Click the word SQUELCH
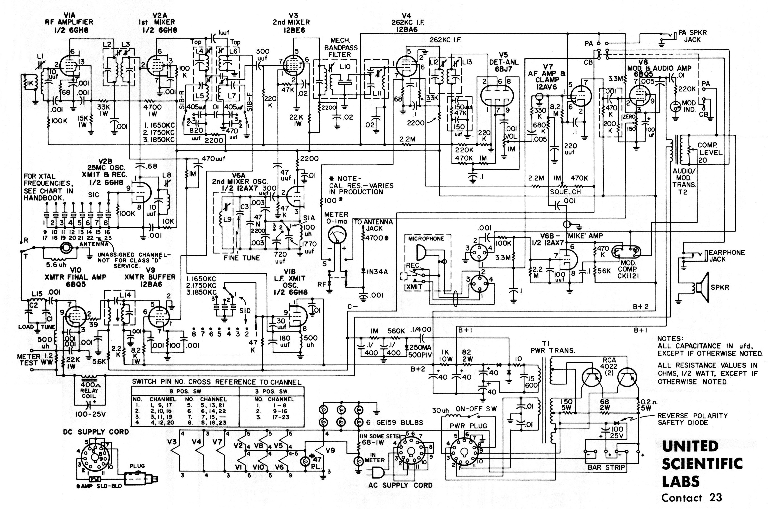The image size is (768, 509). coord(565,192)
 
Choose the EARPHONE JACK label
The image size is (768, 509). coord(727,256)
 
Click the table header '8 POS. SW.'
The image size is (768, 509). coord(185,391)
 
